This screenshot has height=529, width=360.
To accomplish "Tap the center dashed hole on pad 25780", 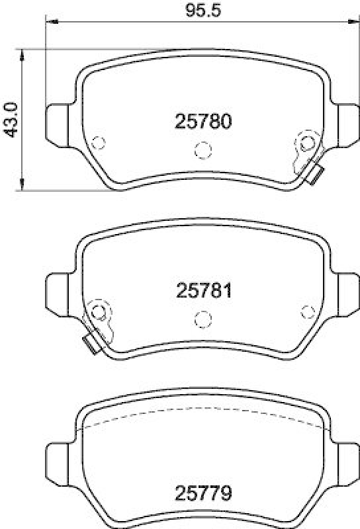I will point(202,150).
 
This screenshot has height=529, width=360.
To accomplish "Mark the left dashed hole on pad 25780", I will point(99,142).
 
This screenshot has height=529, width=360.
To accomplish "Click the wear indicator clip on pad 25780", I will point(315,175).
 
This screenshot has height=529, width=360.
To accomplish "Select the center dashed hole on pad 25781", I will point(202,319).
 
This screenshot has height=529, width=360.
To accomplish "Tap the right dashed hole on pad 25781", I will point(306,311).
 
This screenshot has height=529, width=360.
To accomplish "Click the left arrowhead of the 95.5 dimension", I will point(50,22).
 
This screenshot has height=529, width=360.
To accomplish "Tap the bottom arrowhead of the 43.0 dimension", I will point(22,187).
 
